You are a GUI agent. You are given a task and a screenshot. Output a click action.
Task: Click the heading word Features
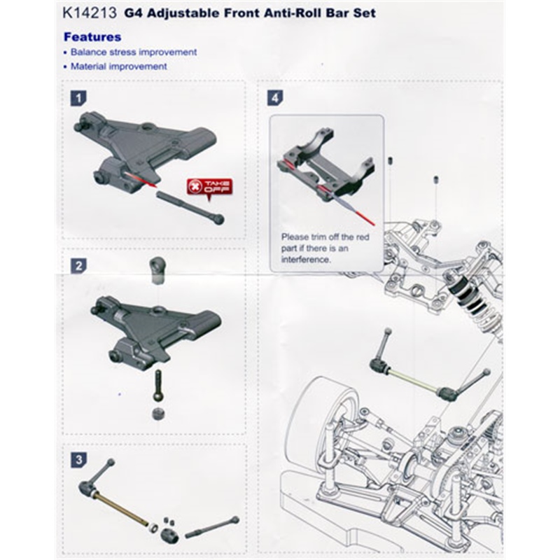[92, 36]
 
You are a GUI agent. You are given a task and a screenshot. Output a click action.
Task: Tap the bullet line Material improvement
[118, 66]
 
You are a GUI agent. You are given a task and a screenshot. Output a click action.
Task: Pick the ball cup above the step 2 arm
[157, 269]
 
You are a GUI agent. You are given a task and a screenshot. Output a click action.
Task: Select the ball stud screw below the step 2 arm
[158, 385]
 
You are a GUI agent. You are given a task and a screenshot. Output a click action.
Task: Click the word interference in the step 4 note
[306, 259]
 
